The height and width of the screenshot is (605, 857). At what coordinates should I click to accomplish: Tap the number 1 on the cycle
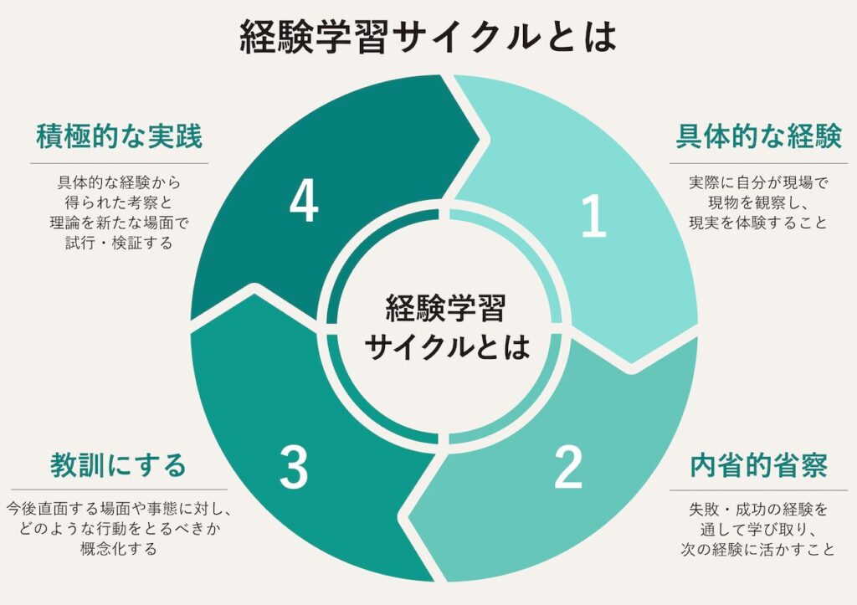pyautogui.click(x=593, y=215)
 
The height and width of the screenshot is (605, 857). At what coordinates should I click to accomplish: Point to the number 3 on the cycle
pyautogui.click(x=294, y=467)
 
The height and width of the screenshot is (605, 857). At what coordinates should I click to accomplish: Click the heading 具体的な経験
pyautogui.click(x=758, y=136)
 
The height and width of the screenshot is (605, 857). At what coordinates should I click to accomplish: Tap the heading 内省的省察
pyautogui.click(x=758, y=465)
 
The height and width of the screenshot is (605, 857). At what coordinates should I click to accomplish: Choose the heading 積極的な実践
pyautogui.click(x=119, y=136)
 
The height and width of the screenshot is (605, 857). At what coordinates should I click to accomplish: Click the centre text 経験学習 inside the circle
pyautogui.click(x=445, y=308)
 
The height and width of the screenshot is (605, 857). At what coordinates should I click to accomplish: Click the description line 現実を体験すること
pyautogui.click(x=758, y=223)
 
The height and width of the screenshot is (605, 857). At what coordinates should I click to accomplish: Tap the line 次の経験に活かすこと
pyautogui.click(x=758, y=550)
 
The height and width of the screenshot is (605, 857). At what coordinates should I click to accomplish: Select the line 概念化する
pyautogui.click(x=118, y=549)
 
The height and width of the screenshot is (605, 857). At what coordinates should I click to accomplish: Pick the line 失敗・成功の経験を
pyautogui.click(x=758, y=510)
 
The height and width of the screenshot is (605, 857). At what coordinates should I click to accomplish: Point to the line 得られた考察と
pyautogui.click(x=119, y=202)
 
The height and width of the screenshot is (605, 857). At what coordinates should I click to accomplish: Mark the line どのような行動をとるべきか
pyautogui.click(x=118, y=529)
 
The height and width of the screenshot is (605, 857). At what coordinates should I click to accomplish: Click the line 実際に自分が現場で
pyautogui.click(x=758, y=182)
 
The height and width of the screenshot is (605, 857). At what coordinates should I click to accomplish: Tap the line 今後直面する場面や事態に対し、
pyautogui.click(x=118, y=508)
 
